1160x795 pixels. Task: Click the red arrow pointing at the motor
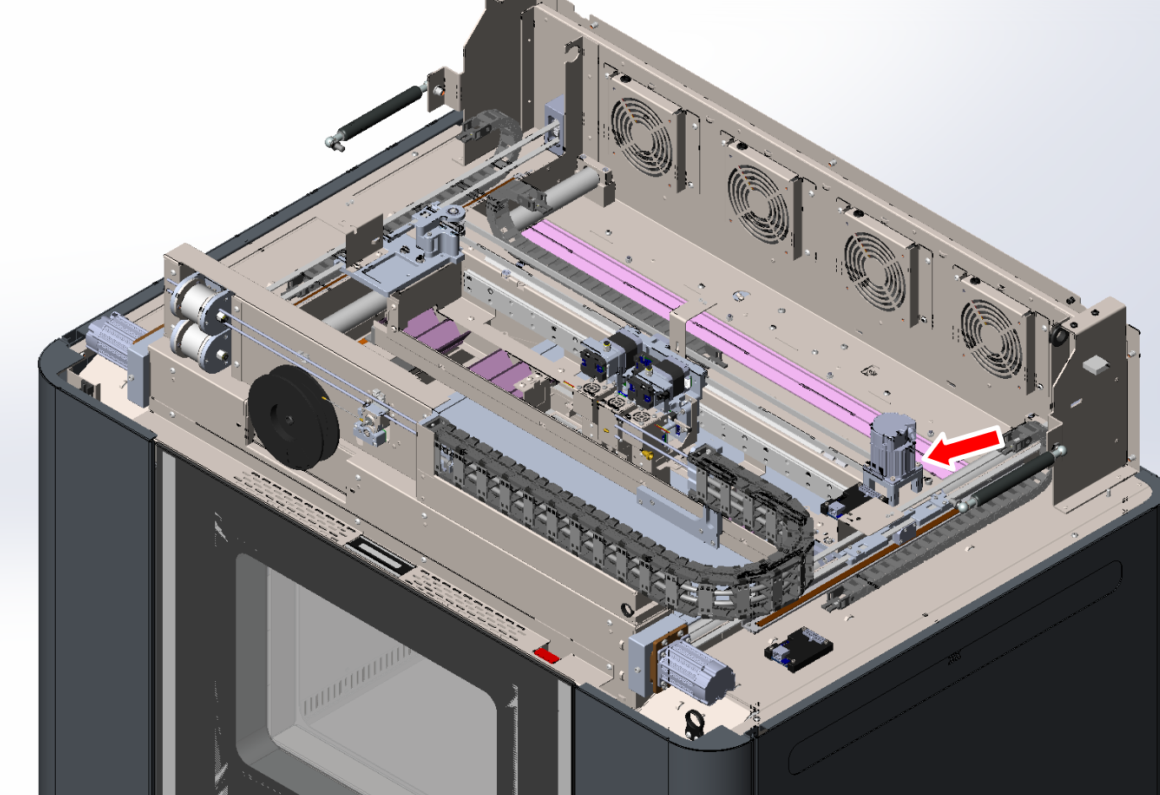[x=962, y=447]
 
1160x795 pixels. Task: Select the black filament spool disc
[x=293, y=418]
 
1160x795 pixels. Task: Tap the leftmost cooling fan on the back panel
[x=640, y=135]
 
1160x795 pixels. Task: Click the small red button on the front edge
[x=546, y=655]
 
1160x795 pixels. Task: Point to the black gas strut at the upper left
[x=380, y=114]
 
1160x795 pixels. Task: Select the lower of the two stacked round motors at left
[x=201, y=343]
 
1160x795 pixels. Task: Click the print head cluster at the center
[x=639, y=371]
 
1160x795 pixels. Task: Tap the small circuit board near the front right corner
[x=797, y=649]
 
